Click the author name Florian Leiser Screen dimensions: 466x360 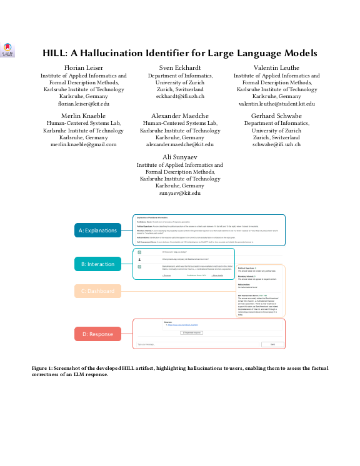(x=84, y=67)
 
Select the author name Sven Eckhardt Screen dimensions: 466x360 (x=180, y=67)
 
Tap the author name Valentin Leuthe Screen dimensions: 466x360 (x=276, y=67)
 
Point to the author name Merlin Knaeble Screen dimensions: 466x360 (x=84, y=116)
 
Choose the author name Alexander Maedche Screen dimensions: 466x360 (x=180, y=116)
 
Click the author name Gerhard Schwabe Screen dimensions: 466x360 (x=276, y=116)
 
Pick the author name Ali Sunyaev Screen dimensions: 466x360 (x=180, y=156)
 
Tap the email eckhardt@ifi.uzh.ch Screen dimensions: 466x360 (x=180, y=97)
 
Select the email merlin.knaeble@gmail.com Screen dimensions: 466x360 (x=84, y=144)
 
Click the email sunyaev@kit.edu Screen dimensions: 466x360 (x=180, y=194)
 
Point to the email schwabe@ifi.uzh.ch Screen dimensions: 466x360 (x=276, y=144)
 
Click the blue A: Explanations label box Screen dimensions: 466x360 (x=98, y=231)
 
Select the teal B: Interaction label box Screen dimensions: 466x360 (x=98, y=264)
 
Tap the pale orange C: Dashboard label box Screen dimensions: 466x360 (x=98, y=291)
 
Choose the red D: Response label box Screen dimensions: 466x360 (x=98, y=334)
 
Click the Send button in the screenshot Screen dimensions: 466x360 (x=272, y=344)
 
